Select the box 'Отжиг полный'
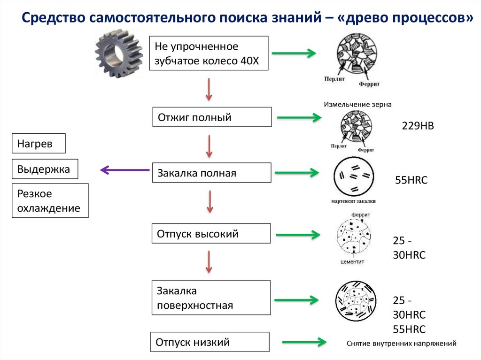coord(211,117)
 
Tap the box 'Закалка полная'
coord(211,173)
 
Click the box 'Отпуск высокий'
coord(211,233)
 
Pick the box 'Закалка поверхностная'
coord(211,298)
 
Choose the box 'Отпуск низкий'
coord(210,342)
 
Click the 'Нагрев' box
coord(39,144)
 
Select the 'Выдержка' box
coord(45,169)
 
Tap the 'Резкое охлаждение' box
coord(50,201)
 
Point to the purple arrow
coord(124,170)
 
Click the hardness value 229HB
coord(418,126)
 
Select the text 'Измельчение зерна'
coord(357,104)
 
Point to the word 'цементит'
coord(352,261)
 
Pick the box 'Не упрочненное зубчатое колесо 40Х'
coord(209,54)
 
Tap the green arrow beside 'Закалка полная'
coord(297,173)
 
